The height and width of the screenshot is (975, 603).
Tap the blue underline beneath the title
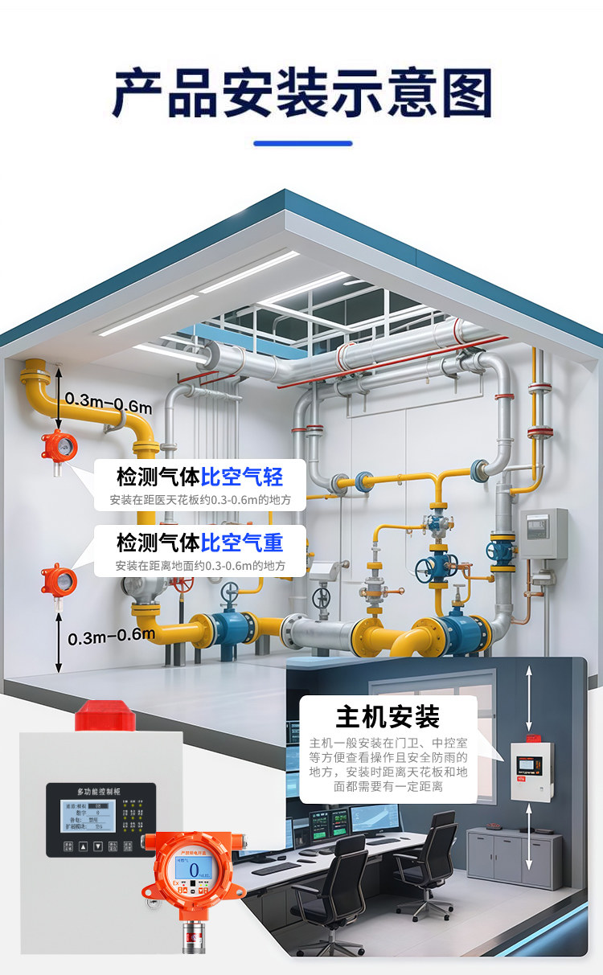(302, 144)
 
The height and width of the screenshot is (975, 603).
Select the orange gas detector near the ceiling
(59, 444)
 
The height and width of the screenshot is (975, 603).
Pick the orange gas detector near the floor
(59, 579)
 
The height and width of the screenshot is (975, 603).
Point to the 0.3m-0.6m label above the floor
(111, 637)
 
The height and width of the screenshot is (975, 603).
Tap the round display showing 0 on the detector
(193, 866)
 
